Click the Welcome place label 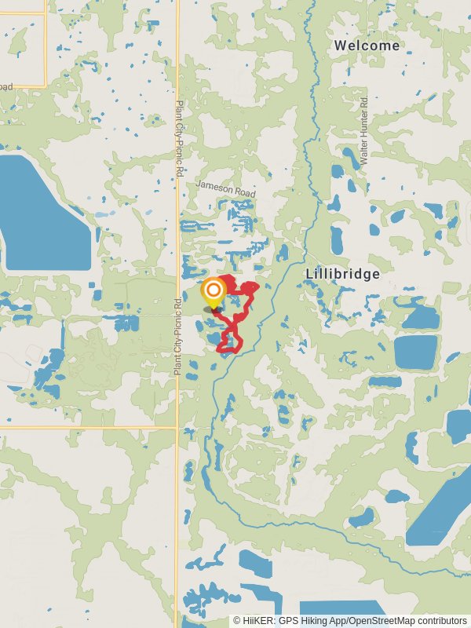pyautogui.click(x=367, y=46)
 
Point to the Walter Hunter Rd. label pyautogui.click(x=364, y=130)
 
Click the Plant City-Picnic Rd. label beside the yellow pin pyautogui.click(x=178, y=335)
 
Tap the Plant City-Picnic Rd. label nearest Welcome pyautogui.click(x=180, y=137)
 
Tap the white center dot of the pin pyautogui.click(x=212, y=290)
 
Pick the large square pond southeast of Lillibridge pyautogui.click(x=414, y=352)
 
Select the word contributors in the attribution pyautogui.click(x=442, y=621)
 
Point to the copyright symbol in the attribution pyautogui.click(x=236, y=621)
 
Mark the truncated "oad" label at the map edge pyautogui.click(x=6, y=87)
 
